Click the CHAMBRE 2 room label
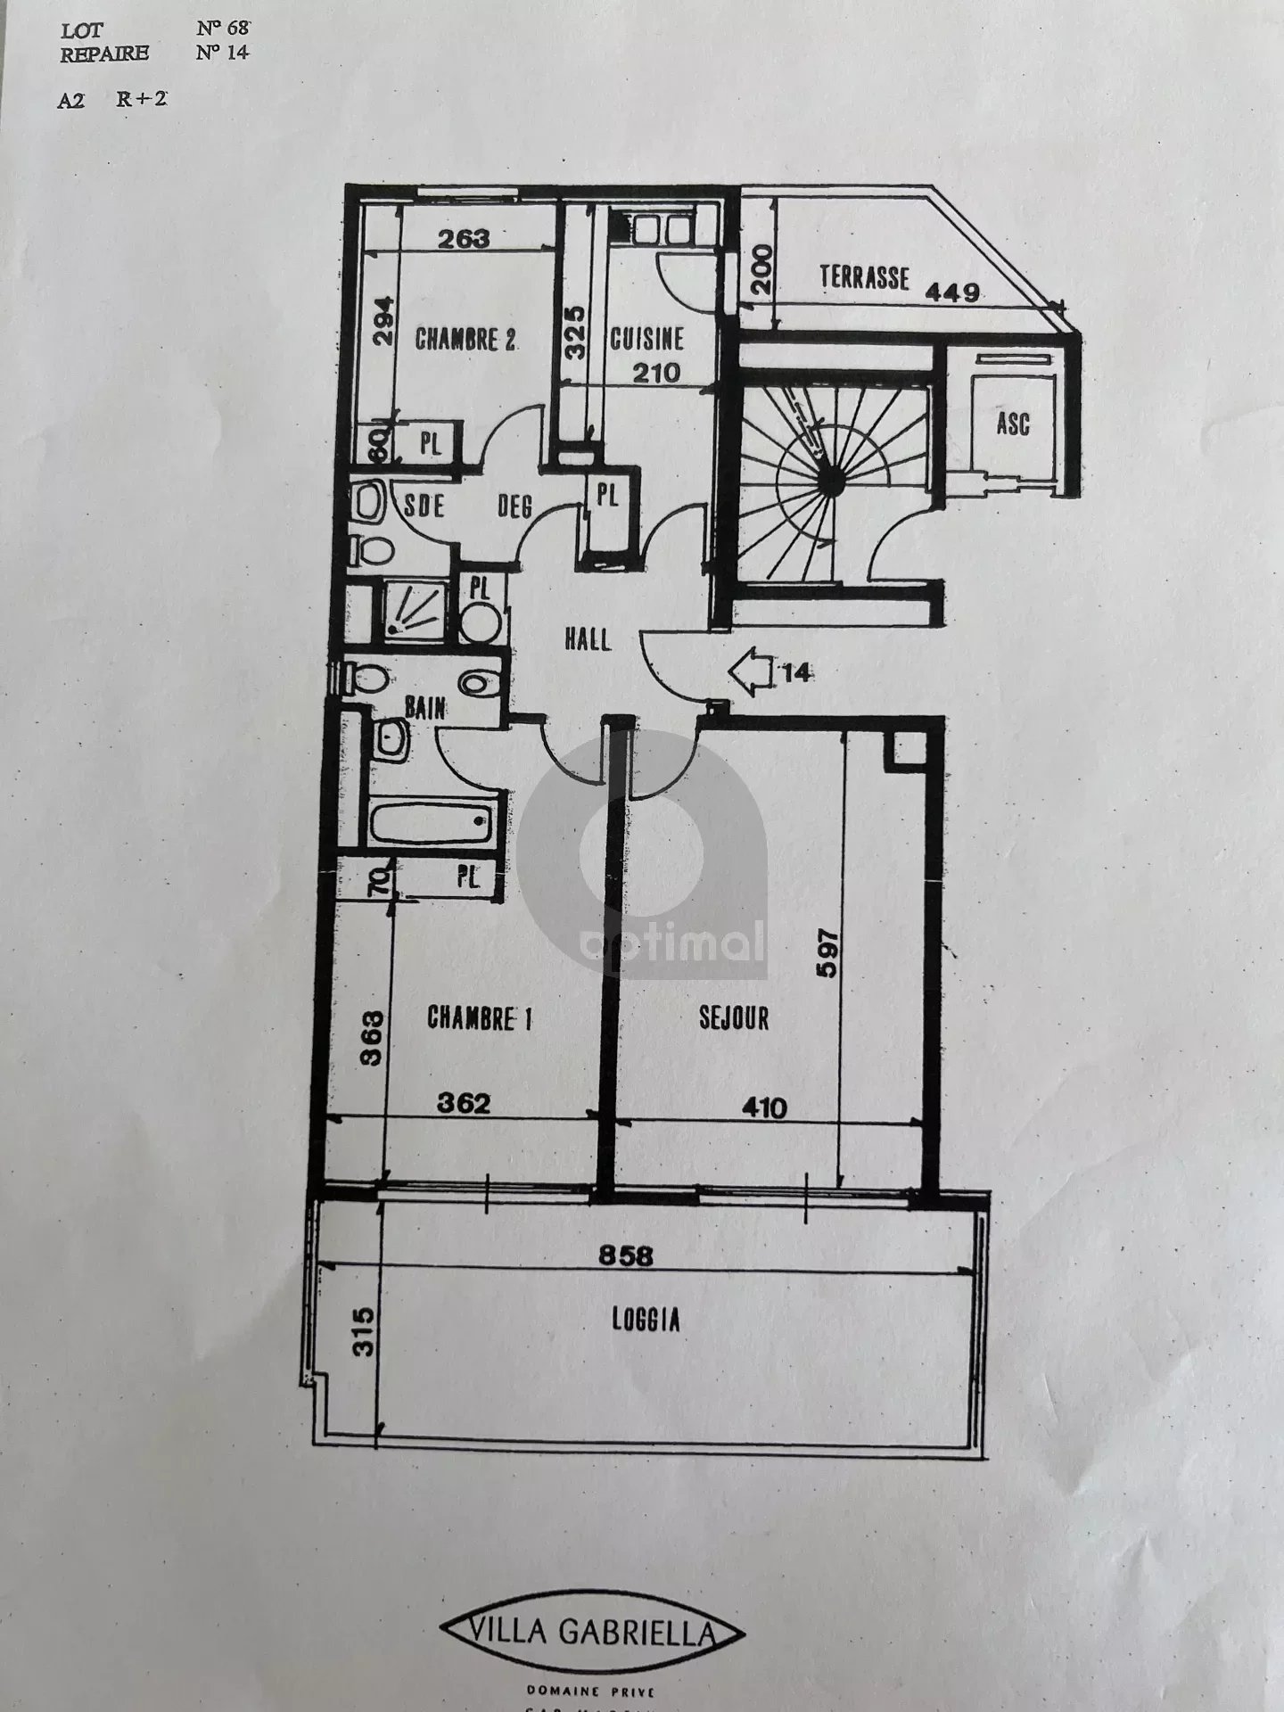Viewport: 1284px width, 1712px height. pyautogui.click(x=465, y=340)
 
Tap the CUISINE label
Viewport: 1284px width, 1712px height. pyautogui.click(x=647, y=339)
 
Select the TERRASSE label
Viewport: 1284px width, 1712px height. pyautogui.click(x=864, y=277)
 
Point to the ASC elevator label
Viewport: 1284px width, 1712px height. pyautogui.click(x=1012, y=423)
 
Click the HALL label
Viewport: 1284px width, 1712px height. pyautogui.click(x=588, y=638)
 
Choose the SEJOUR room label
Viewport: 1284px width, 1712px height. pyautogui.click(x=734, y=1017)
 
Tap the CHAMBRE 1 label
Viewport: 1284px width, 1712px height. pyautogui.click(x=480, y=1017)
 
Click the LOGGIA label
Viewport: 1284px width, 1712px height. pyautogui.click(x=646, y=1320)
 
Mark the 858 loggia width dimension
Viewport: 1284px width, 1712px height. pyautogui.click(x=625, y=1256)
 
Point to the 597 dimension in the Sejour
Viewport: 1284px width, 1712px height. pyautogui.click(x=827, y=955)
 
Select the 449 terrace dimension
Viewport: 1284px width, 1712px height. pyautogui.click(x=952, y=292)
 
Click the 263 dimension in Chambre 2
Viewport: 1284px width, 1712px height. pyautogui.click(x=465, y=238)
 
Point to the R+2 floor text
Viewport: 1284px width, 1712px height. pyautogui.click(x=141, y=98)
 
